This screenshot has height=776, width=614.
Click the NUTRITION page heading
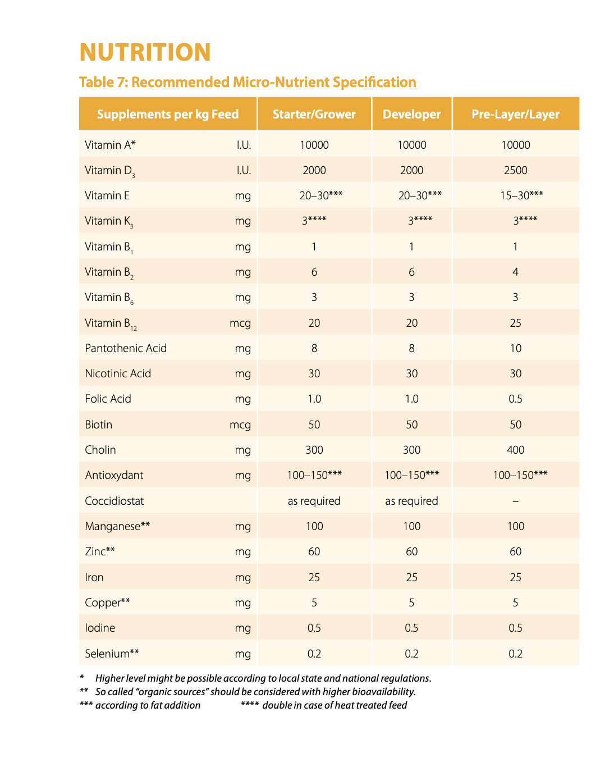tap(145, 52)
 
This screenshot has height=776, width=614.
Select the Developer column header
tap(411, 115)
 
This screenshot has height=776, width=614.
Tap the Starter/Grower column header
tap(314, 115)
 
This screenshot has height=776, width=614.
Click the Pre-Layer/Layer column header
tap(516, 115)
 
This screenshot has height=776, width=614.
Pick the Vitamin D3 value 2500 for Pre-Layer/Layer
tap(516, 170)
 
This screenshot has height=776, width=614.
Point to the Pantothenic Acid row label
tap(126, 348)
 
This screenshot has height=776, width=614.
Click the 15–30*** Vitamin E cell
tap(522, 195)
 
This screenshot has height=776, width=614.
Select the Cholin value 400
tap(516, 450)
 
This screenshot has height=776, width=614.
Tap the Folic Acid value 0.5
tap(516, 399)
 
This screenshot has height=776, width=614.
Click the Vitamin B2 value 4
tap(516, 272)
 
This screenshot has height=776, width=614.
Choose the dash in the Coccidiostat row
tap(516, 501)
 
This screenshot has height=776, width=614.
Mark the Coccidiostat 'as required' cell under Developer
tap(411, 501)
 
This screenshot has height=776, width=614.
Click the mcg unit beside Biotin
tap(240, 425)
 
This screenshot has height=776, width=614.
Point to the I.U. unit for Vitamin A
tap(244, 145)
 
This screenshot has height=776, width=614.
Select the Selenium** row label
tap(112, 654)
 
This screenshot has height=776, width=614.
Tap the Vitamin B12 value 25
tap(516, 323)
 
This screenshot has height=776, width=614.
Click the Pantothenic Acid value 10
tap(516, 348)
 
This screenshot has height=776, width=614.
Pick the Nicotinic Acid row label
tap(118, 373)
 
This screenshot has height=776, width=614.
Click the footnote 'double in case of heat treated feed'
tap(335, 705)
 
